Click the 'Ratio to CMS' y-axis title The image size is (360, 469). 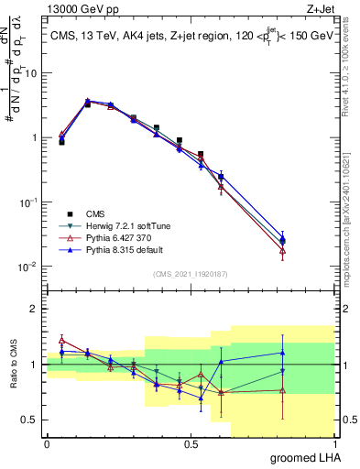click(x=13, y=365)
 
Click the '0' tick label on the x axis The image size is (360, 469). click(x=47, y=443)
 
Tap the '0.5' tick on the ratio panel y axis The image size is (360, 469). click(x=32, y=420)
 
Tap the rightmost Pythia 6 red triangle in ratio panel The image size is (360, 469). click(x=282, y=390)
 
